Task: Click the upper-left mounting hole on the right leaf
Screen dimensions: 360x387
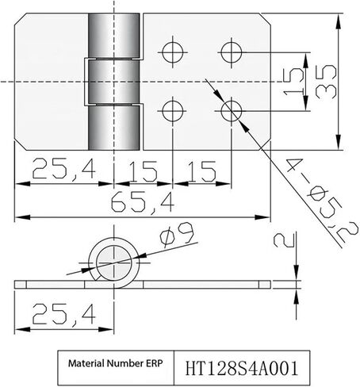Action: (x=173, y=52)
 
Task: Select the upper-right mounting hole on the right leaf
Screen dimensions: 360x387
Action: (x=232, y=52)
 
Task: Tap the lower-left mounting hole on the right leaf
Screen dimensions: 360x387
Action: (x=173, y=111)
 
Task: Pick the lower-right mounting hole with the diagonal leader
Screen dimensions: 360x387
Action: (x=232, y=111)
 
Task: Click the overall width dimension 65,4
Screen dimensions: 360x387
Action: (x=143, y=203)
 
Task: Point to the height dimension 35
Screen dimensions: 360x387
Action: (x=326, y=82)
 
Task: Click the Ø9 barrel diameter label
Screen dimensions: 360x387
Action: (x=178, y=235)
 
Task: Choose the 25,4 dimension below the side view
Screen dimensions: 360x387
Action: (x=63, y=314)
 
